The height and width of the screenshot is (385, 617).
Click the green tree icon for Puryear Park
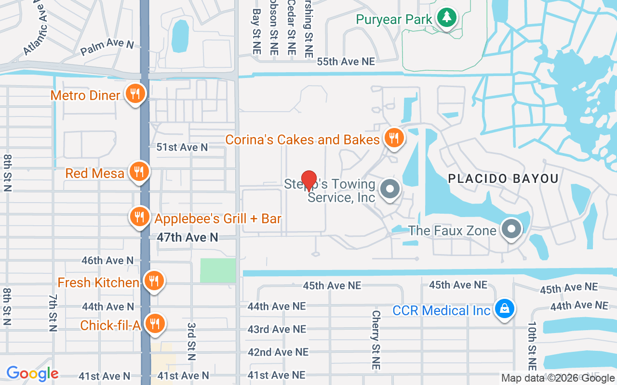[447, 18]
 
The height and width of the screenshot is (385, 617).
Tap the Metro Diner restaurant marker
[136, 93]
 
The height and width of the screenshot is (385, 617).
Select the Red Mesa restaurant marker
[139, 171]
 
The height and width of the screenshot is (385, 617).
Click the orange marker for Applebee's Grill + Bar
[139, 217]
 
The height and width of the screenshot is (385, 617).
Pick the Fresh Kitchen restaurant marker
[154, 280]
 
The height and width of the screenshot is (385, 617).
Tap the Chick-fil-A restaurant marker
[155, 323]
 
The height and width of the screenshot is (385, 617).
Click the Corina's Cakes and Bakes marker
[394, 138]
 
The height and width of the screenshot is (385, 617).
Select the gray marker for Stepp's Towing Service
[390, 189]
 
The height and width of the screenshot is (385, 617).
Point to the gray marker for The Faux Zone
[511, 228]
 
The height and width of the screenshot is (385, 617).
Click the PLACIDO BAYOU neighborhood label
[503, 179]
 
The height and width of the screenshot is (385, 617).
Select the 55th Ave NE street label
[346, 62]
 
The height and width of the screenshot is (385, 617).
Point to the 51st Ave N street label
[182, 147]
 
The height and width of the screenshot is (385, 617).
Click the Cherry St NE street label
[376, 339]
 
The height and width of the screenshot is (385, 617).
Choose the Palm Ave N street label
[107, 47]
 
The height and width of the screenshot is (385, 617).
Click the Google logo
[32, 373]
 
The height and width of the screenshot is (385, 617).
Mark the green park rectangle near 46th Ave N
[218, 270]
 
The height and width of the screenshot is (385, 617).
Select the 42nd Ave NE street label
[278, 352]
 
